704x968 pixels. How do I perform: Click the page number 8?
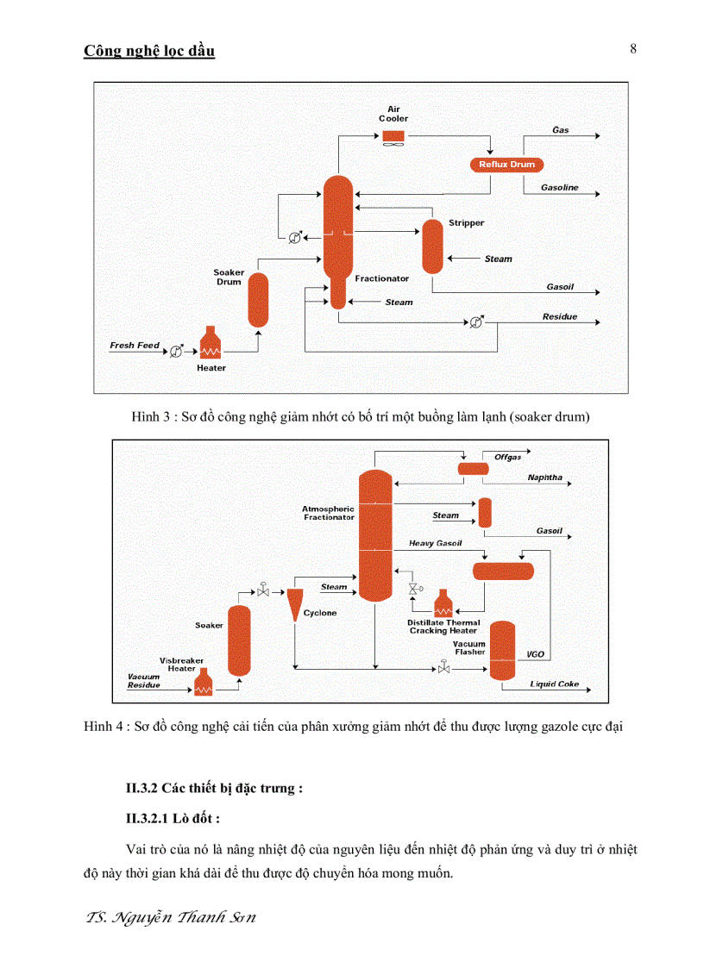(632, 49)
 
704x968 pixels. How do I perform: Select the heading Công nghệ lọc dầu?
(149, 51)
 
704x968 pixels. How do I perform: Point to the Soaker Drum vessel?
(259, 300)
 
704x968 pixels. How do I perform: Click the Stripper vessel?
(431, 247)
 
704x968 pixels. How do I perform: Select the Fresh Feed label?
(135, 346)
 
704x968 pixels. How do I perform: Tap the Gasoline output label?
(560, 187)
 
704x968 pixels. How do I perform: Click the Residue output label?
(559, 317)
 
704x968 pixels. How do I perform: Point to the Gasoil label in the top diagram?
(560, 287)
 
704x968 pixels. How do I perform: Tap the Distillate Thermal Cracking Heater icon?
(443, 603)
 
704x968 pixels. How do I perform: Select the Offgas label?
(507, 457)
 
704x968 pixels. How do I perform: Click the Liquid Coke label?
(554, 684)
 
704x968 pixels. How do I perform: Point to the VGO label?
(535, 655)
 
